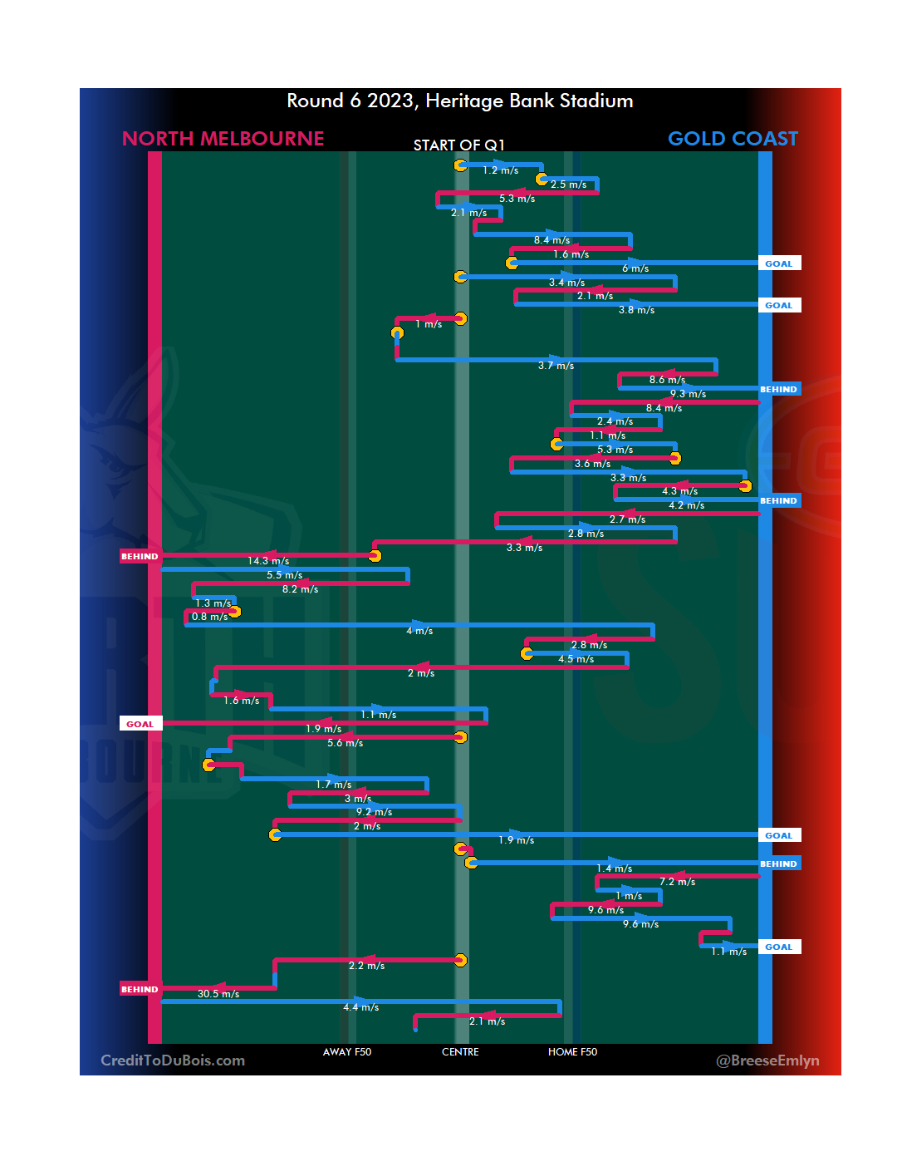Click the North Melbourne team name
[x=223, y=139]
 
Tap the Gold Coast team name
[x=733, y=139]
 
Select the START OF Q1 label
[x=458, y=145]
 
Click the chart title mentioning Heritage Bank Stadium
[x=459, y=101]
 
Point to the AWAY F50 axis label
[x=347, y=1052]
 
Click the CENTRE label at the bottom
[x=460, y=1052]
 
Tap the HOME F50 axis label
[x=572, y=1052]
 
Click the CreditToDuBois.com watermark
[x=173, y=1060]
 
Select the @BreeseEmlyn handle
[x=767, y=1060]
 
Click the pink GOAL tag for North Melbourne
[x=140, y=724]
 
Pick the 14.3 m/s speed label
[x=268, y=561]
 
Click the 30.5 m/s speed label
[x=218, y=994]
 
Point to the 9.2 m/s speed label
[x=374, y=812]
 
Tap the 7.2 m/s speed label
[x=677, y=882]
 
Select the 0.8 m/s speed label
[x=209, y=617]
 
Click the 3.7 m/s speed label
[x=556, y=366]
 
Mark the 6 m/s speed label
[x=635, y=268]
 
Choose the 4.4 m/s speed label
[x=360, y=1007]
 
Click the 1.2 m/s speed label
[x=500, y=170]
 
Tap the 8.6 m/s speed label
[x=667, y=380]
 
